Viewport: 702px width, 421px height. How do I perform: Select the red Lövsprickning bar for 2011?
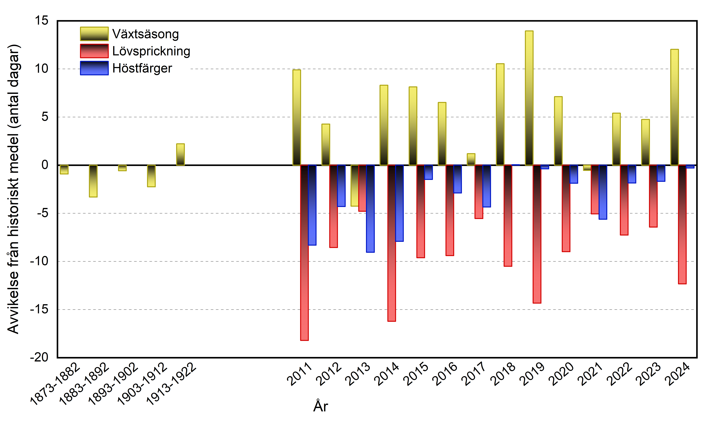point(304,253)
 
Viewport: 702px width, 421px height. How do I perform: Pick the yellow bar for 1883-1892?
point(93,181)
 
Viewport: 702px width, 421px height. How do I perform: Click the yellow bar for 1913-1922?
point(180,155)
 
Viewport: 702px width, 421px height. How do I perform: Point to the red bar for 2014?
point(392,243)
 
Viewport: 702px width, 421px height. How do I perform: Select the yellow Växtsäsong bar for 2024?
point(674,107)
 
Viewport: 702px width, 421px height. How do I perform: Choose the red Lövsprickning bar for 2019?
point(537,234)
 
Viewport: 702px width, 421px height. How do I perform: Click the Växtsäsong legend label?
point(145,34)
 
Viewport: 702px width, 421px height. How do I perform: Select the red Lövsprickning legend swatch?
point(94,51)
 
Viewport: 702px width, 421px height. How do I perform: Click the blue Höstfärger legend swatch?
point(94,68)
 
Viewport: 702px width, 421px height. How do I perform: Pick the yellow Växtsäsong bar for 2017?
point(471,159)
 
